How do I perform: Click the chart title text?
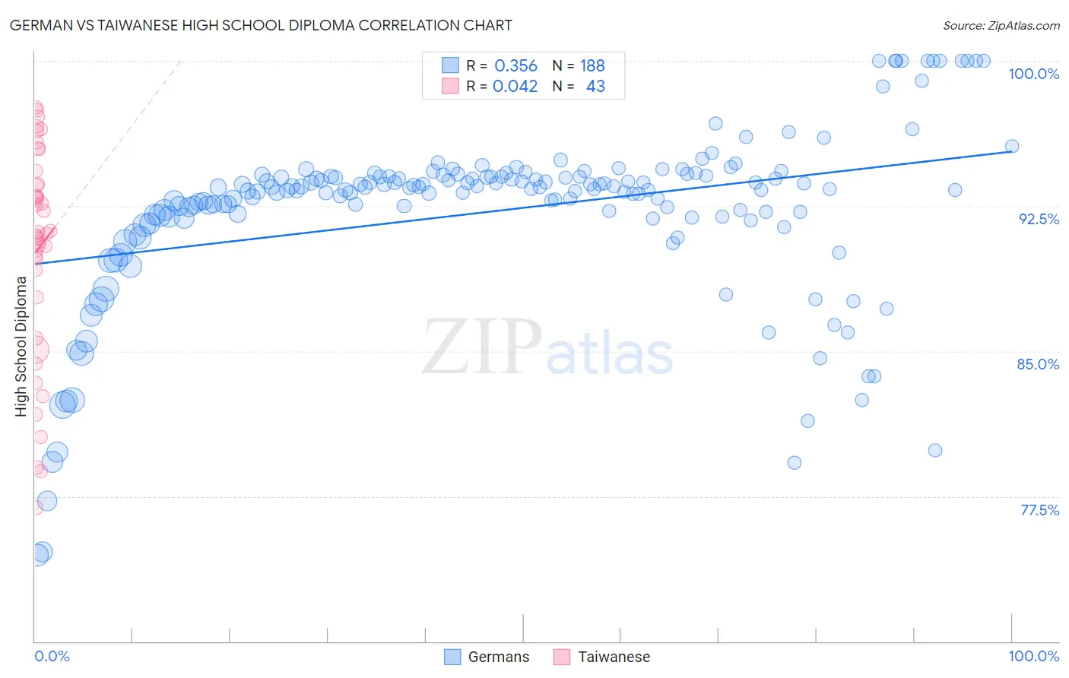click(x=260, y=25)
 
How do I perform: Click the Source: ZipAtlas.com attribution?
click(x=1001, y=25)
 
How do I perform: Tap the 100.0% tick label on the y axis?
click(x=1033, y=74)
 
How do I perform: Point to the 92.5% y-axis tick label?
click(x=1039, y=219)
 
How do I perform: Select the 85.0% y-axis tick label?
click(x=1038, y=364)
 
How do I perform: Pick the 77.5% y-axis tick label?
click(x=1039, y=510)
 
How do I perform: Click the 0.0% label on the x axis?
click(x=52, y=656)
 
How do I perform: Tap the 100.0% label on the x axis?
click(x=1033, y=656)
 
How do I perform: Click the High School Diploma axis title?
click(x=21, y=346)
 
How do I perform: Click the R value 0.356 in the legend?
click(x=515, y=66)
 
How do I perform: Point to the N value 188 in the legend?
click(x=592, y=66)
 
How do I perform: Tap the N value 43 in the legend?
click(x=595, y=87)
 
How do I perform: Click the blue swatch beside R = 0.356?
click(x=450, y=65)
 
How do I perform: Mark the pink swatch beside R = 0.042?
click(x=450, y=86)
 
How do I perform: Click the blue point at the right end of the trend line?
click(x=1011, y=147)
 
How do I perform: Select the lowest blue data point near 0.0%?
click(x=38, y=553)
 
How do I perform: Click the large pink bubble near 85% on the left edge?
click(x=35, y=350)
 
